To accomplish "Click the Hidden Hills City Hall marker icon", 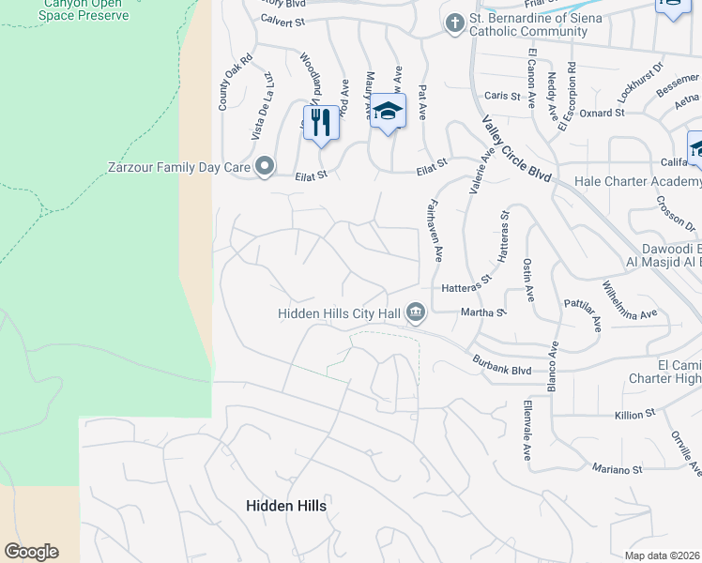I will (x=416, y=314).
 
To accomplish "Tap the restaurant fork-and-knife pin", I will (x=320, y=122).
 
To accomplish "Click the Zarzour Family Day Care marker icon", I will (x=265, y=167).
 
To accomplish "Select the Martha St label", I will (x=483, y=312).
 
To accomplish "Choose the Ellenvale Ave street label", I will (x=527, y=433).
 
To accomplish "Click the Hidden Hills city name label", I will (x=286, y=506).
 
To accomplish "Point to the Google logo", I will (x=31, y=552).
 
